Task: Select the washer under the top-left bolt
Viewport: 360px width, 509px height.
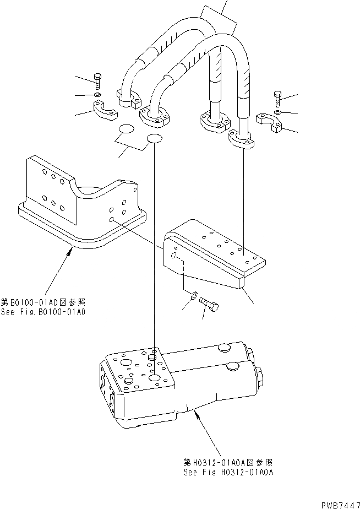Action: click(x=97, y=95)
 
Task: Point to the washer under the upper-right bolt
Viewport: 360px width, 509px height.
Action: click(x=277, y=112)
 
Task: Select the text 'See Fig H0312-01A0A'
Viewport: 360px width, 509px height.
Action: click(x=229, y=472)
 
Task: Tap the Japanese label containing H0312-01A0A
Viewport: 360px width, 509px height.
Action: click(x=229, y=463)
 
